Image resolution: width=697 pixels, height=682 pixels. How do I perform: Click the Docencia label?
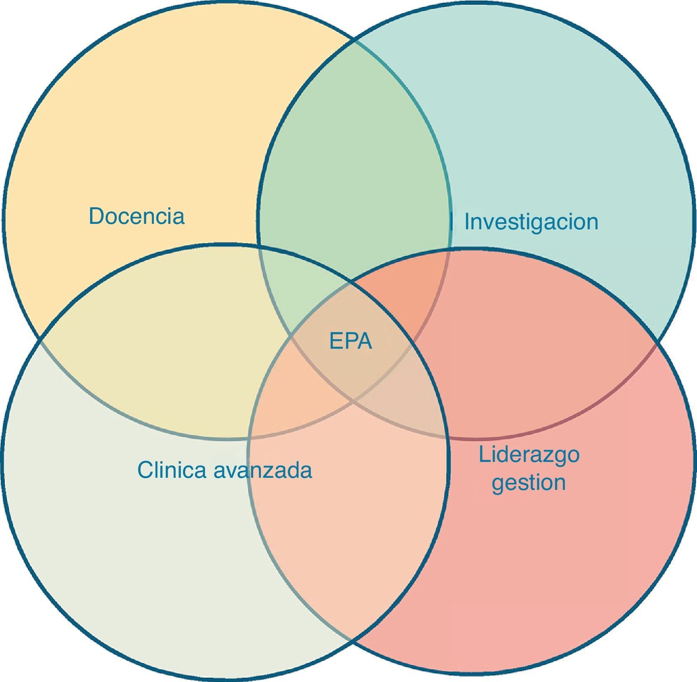pyautogui.click(x=136, y=216)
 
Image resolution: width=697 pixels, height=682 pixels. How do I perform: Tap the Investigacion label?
pyautogui.click(x=531, y=222)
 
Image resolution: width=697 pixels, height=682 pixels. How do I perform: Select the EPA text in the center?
pyautogui.click(x=350, y=341)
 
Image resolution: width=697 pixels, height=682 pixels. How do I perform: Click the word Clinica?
pyautogui.click(x=171, y=470)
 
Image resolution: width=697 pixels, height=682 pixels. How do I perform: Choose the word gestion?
pyautogui.click(x=528, y=482)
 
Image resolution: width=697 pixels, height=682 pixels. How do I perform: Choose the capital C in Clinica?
pyautogui.click(x=144, y=470)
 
